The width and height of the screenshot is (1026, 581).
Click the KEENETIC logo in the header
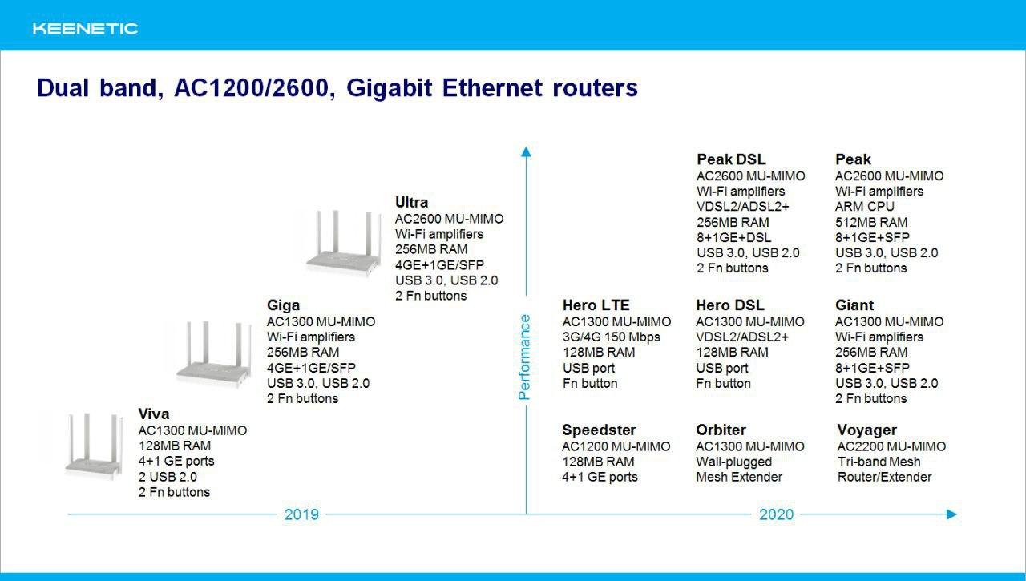(85, 29)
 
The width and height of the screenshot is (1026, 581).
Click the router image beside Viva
(95, 446)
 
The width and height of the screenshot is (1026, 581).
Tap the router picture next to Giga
(214, 354)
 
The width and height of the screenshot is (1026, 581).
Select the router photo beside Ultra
(344, 243)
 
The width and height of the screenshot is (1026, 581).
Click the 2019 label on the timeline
(301, 514)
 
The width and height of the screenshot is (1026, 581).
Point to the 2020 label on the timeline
(777, 514)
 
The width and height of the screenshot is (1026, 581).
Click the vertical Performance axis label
(524, 357)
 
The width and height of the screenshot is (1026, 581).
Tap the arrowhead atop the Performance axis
(526, 152)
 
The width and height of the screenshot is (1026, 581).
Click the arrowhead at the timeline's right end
(951, 514)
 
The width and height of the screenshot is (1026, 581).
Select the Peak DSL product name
(731, 159)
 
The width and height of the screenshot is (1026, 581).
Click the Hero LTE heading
(596, 305)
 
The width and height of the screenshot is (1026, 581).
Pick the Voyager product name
(866, 430)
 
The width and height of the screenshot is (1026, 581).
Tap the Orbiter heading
(721, 430)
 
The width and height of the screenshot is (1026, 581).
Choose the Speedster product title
(599, 430)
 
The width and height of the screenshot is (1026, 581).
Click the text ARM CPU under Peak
(864, 207)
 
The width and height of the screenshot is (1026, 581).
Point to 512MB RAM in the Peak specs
(871, 222)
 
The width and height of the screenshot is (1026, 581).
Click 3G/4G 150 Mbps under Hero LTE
(612, 337)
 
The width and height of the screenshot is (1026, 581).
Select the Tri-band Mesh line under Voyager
(879, 462)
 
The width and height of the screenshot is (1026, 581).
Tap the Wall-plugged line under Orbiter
(733, 462)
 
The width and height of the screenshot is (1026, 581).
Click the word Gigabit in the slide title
(389, 88)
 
